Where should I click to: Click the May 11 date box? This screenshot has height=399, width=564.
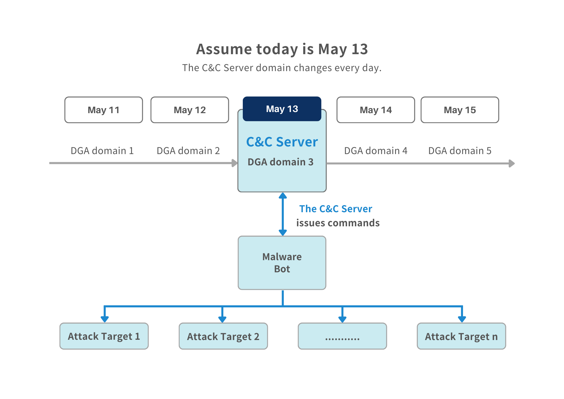click(x=103, y=110)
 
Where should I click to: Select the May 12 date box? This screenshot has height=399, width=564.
click(x=190, y=110)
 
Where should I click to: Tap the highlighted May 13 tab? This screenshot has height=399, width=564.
click(x=282, y=109)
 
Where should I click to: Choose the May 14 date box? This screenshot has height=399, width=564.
click(x=376, y=110)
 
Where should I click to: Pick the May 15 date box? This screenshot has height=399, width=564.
click(x=460, y=110)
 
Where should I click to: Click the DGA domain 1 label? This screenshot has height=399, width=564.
click(x=102, y=151)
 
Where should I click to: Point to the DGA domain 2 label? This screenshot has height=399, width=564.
click(x=188, y=151)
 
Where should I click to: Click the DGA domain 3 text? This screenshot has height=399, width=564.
click(x=280, y=162)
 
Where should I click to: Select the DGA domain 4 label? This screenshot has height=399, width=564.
click(x=376, y=151)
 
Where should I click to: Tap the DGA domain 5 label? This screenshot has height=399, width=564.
click(x=460, y=151)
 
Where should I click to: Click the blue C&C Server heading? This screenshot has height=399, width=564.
click(x=282, y=142)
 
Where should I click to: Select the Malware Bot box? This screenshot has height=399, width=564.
click(x=282, y=263)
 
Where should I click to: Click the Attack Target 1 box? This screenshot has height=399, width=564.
click(x=104, y=336)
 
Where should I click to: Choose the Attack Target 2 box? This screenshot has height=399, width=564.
click(x=223, y=336)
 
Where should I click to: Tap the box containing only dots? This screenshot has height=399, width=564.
click(x=342, y=336)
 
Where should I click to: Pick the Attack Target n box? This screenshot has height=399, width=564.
click(x=461, y=336)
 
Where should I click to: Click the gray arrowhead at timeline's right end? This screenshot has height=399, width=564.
click(x=512, y=163)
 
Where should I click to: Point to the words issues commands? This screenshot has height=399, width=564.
click(x=338, y=223)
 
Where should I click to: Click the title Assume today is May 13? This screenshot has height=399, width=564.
click(x=282, y=49)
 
